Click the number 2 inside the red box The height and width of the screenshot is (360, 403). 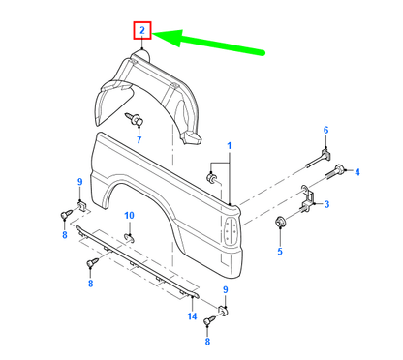(142, 32)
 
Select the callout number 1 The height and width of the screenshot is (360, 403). (230, 146)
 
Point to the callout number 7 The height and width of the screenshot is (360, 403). (139, 140)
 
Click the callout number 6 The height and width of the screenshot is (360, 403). (325, 130)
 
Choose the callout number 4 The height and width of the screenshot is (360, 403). (356, 173)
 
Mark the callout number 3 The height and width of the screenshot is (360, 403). (326, 204)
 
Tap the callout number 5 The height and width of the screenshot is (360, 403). (281, 252)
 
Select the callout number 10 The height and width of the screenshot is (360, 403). (130, 215)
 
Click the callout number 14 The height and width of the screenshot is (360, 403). (192, 316)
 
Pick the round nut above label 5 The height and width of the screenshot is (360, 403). (282, 225)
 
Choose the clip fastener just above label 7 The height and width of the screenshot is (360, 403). (137, 119)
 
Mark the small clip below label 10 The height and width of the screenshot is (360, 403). (131, 234)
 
